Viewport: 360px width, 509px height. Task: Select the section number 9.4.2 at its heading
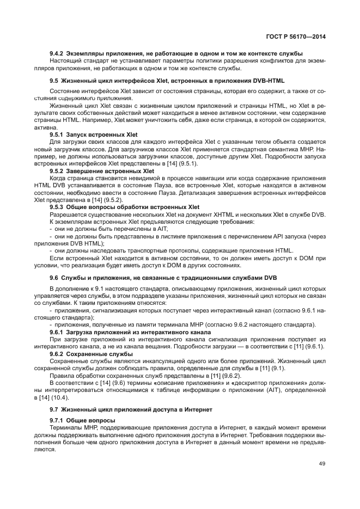[57, 53]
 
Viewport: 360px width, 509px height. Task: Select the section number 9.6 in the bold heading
[54, 278]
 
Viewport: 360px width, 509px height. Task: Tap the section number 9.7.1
[57, 420]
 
